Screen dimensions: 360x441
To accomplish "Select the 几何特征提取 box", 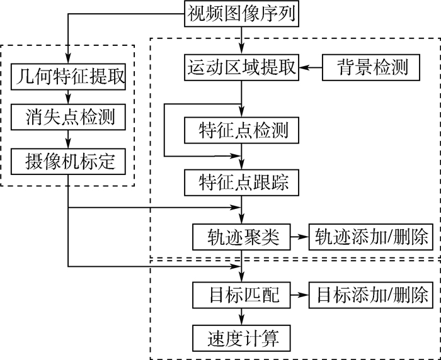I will pyautogui.click(x=69, y=78).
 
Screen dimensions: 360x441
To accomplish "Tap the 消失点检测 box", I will pyautogui.click(x=69, y=118).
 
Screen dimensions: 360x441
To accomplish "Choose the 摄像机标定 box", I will pyautogui.click(x=69, y=160).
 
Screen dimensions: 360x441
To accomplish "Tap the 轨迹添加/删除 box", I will pyautogui.click(x=369, y=237).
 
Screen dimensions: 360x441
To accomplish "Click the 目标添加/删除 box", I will pyautogui.click(x=369, y=294).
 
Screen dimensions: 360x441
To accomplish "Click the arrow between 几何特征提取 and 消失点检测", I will pyautogui.click(x=69, y=97).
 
